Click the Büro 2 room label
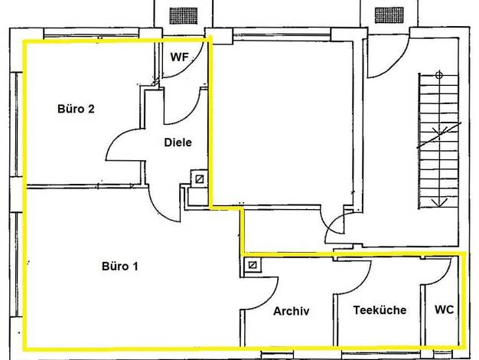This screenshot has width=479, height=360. pyautogui.click(x=76, y=109)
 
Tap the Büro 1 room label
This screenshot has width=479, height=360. pyautogui.click(x=119, y=266)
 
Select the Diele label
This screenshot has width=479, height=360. pyautogui.click(x=178, y=142)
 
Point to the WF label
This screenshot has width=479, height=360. pyautogui.click(x=179, y=57)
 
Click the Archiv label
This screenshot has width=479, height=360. pyautogui.click(x=291, y=311)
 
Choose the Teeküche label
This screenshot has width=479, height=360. pyautogui.click(x=380, y=310)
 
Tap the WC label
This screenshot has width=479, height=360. pyautogui.click(x=444, y=309)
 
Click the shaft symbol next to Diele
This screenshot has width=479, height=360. pyautogui.click(x=200, y=179)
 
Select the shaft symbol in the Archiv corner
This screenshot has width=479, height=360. pyautogui.click(x=253, y=265)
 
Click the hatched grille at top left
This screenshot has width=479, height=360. pyautogui.click(x=184, y=16)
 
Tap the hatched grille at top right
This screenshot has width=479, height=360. pyautogui.click(x=389, y=15)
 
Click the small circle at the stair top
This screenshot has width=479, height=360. pyautogui.click(x=439, y=74)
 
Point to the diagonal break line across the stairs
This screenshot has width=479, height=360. pyautogui.click(x=439, y=135)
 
